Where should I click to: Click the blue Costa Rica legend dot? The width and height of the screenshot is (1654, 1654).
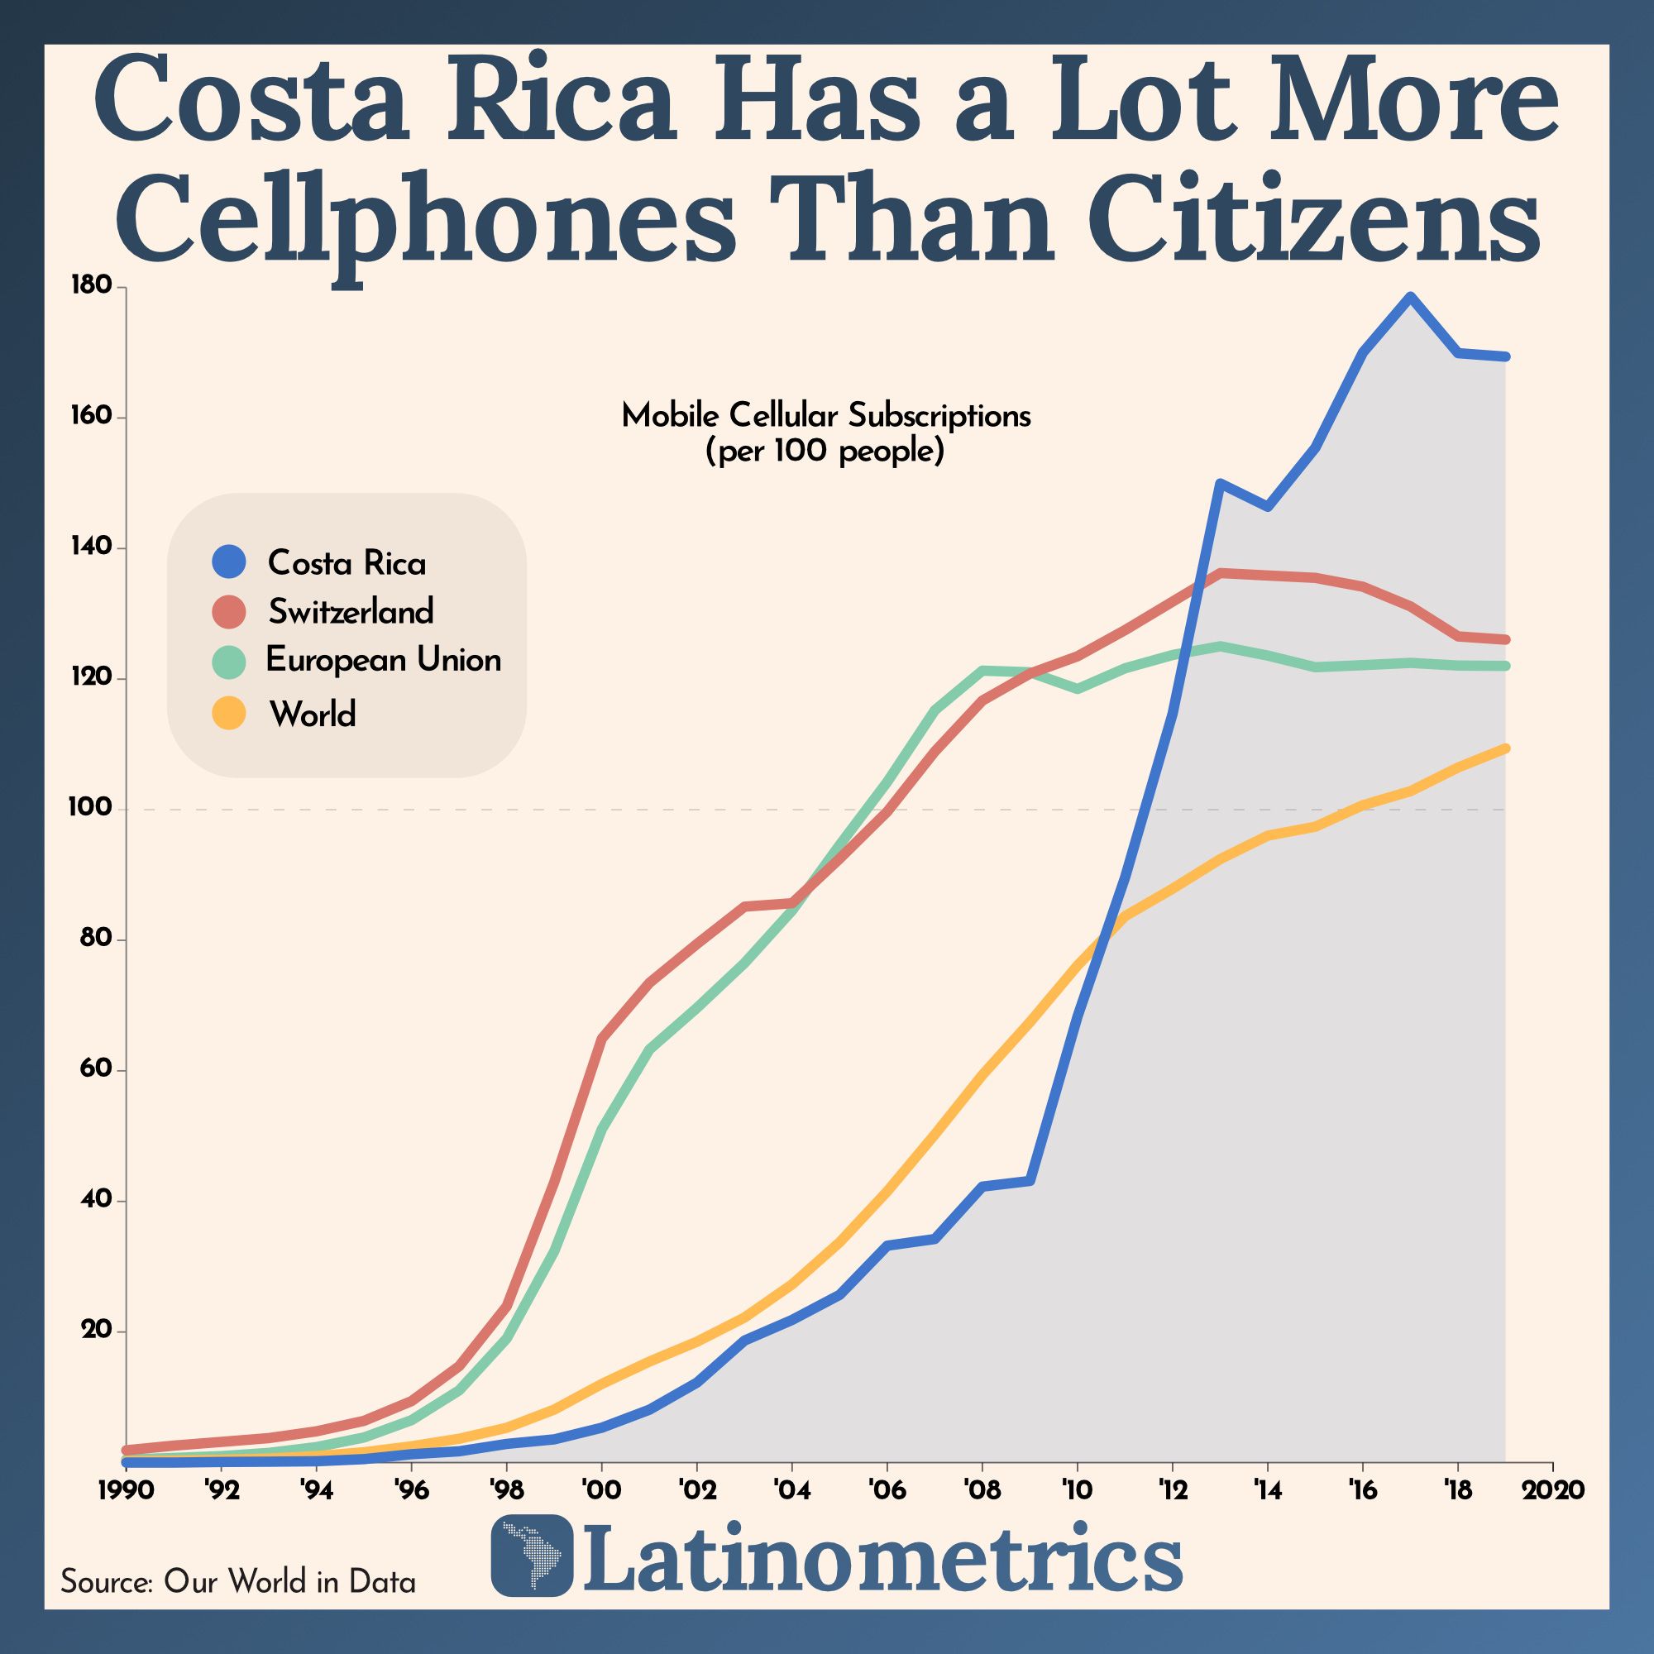tap(228, 562)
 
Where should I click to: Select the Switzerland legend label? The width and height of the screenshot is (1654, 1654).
tap(351, 611)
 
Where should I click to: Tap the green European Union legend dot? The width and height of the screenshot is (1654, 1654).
tap(228, 661)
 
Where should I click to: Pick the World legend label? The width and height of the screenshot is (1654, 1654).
tap(313, 713)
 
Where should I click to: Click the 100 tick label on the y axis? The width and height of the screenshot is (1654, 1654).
tap(90, 808)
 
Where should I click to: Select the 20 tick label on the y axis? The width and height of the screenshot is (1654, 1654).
tap(97, 1331)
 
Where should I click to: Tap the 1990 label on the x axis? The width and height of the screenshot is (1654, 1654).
tap(126, 1490)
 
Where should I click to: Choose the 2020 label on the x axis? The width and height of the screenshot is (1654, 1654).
tap(1553, 1490)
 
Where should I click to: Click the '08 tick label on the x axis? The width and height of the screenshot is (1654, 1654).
tap(981, 1490)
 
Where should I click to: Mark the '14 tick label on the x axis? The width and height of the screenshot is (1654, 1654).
tap(1266, 1490)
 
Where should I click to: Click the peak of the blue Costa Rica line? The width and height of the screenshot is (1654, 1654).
tap(1409, 297)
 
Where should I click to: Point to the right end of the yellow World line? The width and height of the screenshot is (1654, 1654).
tap(1505, 748)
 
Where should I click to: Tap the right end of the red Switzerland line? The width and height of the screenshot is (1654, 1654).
tap(1505, 639)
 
